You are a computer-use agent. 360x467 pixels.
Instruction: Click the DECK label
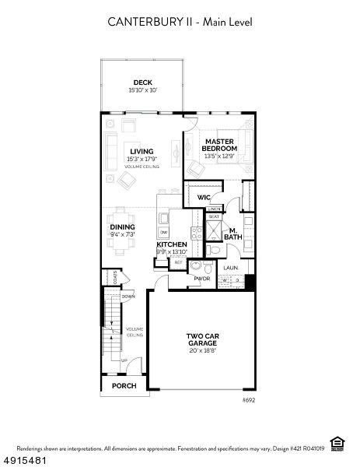point(142,82)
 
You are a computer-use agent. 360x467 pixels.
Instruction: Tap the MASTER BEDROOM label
point(219,145)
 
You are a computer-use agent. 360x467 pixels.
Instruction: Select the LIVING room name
point(142,152)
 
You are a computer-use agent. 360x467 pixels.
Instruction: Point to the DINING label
point(122,227)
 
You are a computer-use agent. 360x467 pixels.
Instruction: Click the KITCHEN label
point(171,244)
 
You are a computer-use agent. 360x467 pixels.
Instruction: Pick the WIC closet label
point(203,198)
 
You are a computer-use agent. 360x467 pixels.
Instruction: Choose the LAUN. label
point(231,268)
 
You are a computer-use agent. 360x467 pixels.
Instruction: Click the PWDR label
point(202,278)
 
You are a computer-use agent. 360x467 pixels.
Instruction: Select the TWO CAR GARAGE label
point(201,339)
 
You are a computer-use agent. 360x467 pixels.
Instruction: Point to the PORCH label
point(124,385)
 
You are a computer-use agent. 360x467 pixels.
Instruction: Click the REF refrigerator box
point(178,263)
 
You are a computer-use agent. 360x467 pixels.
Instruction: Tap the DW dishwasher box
point(164,232)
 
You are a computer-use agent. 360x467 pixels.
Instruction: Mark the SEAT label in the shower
point(214,216)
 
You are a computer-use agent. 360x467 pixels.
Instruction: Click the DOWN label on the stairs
point(128,297)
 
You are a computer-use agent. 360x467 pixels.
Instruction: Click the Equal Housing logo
point(337,444)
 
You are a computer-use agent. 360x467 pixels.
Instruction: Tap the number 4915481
point(23,459)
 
